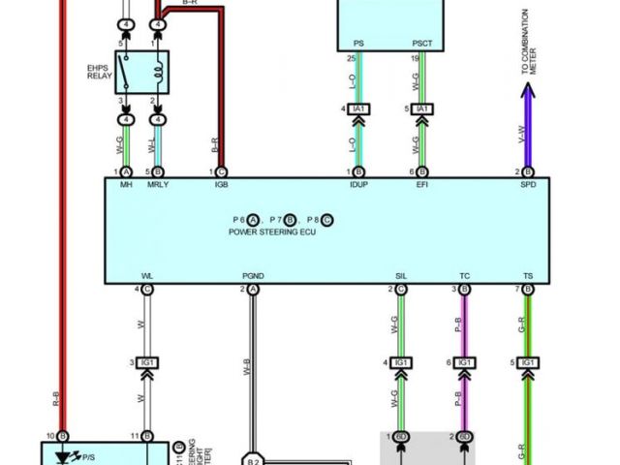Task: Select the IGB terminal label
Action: pyautogui.click(x=222, y=184)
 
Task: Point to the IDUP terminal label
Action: pyautogui.click(x=358, y=184)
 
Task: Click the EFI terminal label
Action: pyautogui.click(x=422, y=184)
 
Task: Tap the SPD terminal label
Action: pyautogui.click(x=528, y=184)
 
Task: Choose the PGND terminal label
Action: pyautogui.click(x=254, y=277)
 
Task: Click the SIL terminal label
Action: pyautogui.click(x=400, y=277)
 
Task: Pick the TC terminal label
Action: pyautogui.click(x=464, y=277)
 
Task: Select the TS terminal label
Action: pyautogui.click(x=528, y=277)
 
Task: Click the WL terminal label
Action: pyautogui.click(x=147, y=277)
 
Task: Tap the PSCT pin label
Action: pyautogui.click(x=422, y=44)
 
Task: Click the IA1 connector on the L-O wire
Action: pyautogui.click(x=358, y=109)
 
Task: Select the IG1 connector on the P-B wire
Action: pyautogui.click(x=464, y=361)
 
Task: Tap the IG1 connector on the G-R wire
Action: pyautogui.click(x=528, y=361)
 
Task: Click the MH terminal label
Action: pyautogui.click(x=126, y=184)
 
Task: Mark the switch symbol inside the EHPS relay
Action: pyautogui.click(x=126, y=70)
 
